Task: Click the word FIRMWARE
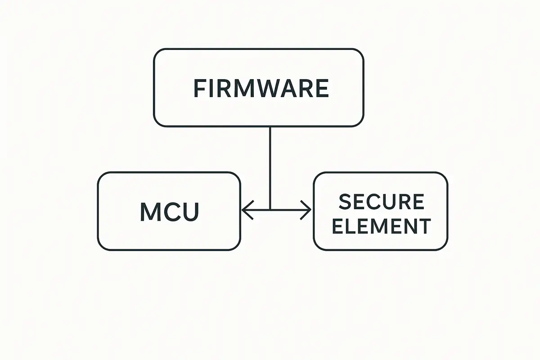[261, 88]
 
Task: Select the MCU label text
[169, 211]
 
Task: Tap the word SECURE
[381, 202]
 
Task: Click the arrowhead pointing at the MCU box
[245, 210]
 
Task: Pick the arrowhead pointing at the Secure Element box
[307, 210]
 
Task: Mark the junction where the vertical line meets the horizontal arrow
[270, 210]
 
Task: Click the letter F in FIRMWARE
[199, 88]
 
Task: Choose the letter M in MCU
[150, 211]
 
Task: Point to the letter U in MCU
[189, 211]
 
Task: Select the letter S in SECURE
[345, 202]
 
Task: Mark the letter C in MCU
[171, 211]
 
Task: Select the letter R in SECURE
[403, 202]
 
